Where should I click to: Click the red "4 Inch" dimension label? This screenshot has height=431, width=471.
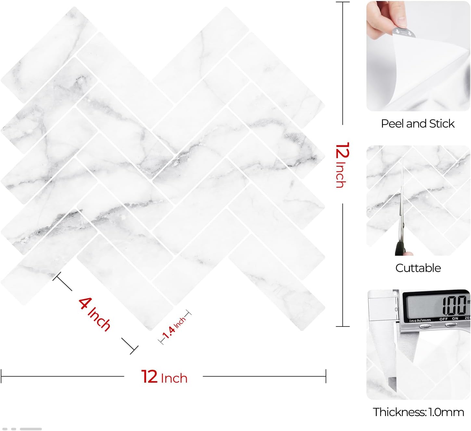click(x=95, y=314)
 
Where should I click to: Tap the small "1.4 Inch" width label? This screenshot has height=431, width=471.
click(x=174, y=327)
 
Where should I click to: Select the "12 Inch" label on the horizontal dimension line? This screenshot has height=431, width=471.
click(x=164, y=376)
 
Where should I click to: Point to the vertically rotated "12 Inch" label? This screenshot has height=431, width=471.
click(x=343, y=165)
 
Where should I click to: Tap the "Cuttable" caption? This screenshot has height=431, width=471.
click(x=418, y=268)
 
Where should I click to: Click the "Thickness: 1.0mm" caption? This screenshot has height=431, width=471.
click(x=418, y=412)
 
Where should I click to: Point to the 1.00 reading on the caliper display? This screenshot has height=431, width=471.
click(x=454, y=305)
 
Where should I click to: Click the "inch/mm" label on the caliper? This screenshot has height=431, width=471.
click(x=420, y=320)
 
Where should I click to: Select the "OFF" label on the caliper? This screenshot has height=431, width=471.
click(x=443, y=319)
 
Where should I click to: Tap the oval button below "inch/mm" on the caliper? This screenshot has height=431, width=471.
click(x=425, y=326)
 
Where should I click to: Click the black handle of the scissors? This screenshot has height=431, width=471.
click(x=400, y=248)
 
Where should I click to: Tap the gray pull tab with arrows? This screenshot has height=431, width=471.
click(x=404, y=32)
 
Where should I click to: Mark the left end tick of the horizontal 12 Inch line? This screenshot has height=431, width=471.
click(x=1, y=376)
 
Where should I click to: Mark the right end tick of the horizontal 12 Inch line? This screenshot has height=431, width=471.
click(x=326, y=376)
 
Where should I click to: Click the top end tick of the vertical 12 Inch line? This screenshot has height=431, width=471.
click(x=343, y=2)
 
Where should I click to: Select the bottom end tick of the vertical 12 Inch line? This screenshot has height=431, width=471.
click(x=343, y=326)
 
